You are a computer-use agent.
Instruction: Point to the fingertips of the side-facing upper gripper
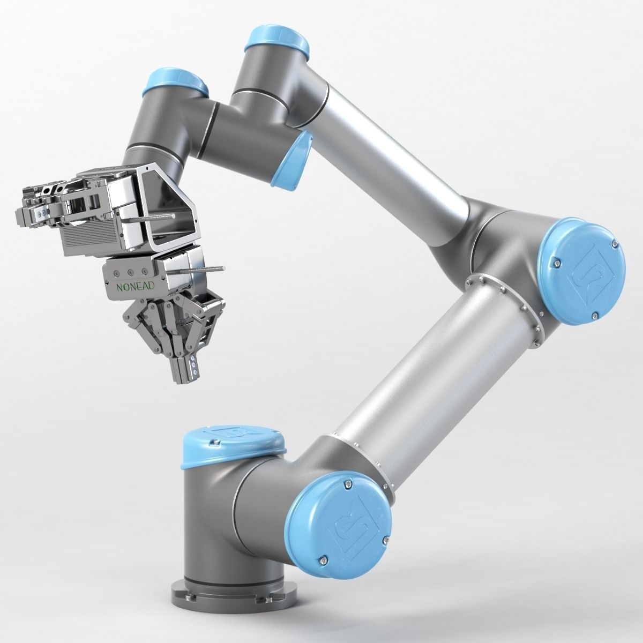tap(29, 209)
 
